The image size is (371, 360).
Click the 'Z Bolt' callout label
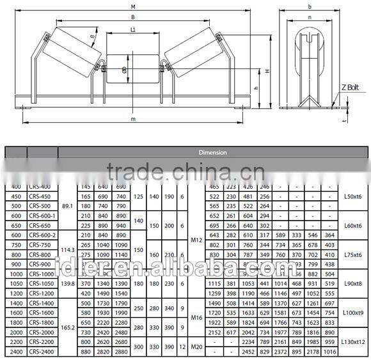pyautogui.click(x=350, y=87)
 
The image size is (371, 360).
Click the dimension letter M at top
pyautogui.click(x=132, y=6)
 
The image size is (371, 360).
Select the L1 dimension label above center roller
pyautogui.click(x=132, y=30)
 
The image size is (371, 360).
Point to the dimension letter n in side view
pyautogui.click(x=310, y=18)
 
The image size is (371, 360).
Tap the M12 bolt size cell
pyautogui.click(x=197, y=240)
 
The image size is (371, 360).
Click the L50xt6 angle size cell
pyautogui.click(x=352, y=196)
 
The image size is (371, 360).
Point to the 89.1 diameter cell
pyautogui.click(x=67, y=206)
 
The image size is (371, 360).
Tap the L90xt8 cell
pyautogui.click(x=352, y=284)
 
